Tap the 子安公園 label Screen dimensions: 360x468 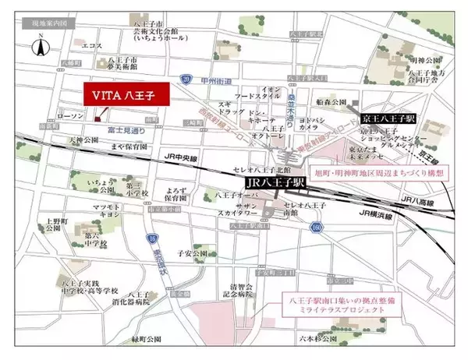coord(192,251)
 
